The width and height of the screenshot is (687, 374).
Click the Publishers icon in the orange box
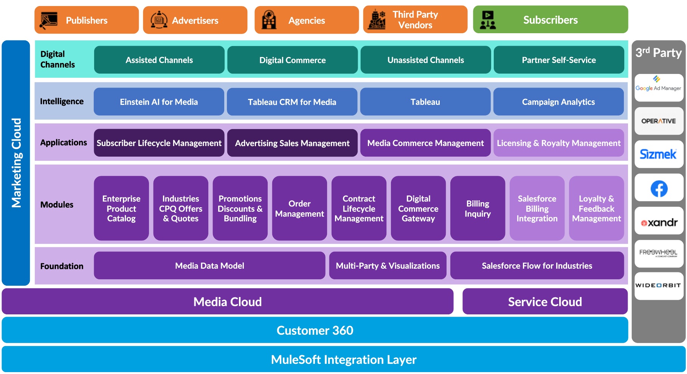coord(48,20)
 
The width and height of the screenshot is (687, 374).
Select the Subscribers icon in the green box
coord(488,20)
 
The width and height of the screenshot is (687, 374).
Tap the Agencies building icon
coord(269,20)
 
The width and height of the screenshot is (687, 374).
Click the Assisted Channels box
coord(159,60)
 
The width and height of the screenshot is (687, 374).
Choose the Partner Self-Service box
coord(558,60)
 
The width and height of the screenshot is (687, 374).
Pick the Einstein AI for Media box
coord(159,102)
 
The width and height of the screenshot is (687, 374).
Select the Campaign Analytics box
coord(558,102)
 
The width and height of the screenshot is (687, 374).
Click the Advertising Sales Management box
coord(292,143)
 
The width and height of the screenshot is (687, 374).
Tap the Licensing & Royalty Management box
coord(558,143)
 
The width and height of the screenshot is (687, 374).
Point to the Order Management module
coord(299,208)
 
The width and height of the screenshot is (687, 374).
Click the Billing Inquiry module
coord(478,208)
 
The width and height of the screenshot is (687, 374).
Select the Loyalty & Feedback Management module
coord(596,208)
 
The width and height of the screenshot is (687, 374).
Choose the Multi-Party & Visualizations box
coord(388,266)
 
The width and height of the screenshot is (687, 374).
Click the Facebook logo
coord(659,188)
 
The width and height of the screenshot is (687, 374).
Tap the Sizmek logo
coord(658,154)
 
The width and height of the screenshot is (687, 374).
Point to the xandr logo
coord(659,222)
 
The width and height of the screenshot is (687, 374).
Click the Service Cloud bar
coord(545,302)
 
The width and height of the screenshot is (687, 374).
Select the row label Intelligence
coord(62,102)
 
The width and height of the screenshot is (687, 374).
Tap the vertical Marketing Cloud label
coord(16,163)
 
